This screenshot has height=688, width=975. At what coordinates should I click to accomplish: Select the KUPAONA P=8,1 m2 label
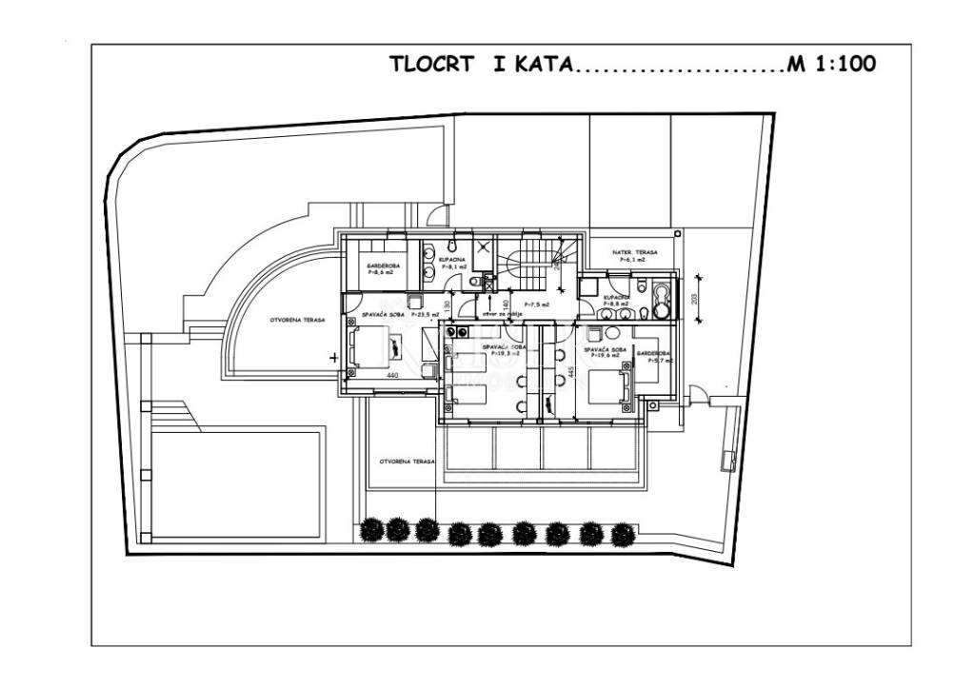451,263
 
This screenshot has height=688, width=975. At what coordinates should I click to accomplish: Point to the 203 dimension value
694,298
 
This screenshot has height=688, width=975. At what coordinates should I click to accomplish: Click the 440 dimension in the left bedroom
391,376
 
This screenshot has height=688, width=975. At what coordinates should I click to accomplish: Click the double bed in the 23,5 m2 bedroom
371,346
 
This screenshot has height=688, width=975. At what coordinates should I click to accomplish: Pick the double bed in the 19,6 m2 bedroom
610,386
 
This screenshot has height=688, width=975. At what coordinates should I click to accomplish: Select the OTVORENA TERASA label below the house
407,461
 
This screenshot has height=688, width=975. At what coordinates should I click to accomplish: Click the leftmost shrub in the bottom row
371,528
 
